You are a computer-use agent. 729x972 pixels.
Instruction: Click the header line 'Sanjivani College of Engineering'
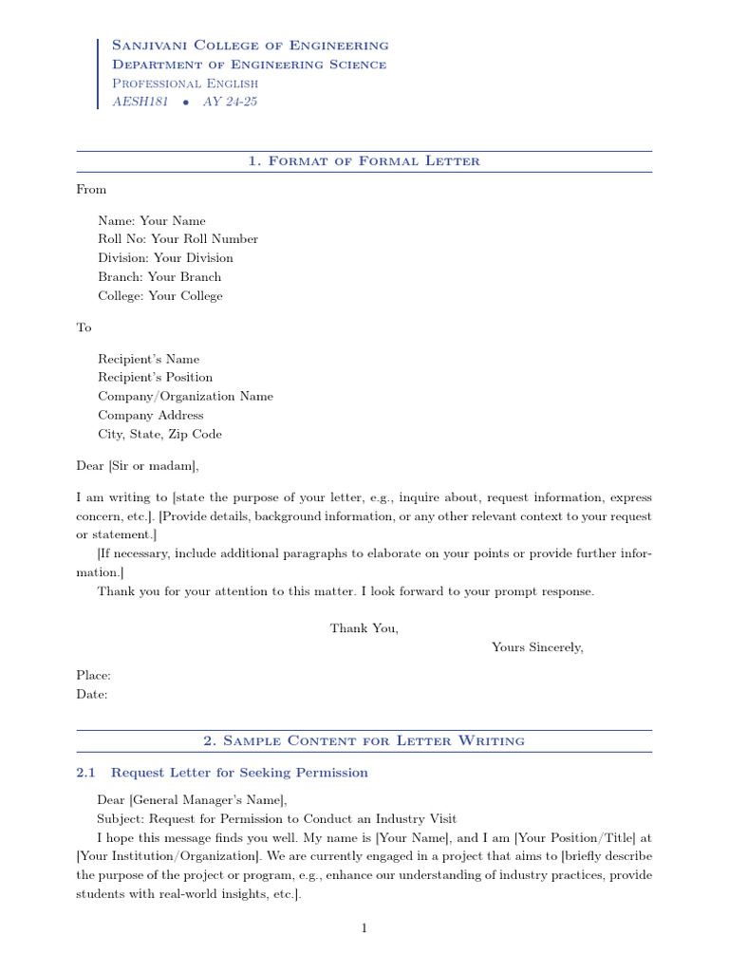click(250, 46)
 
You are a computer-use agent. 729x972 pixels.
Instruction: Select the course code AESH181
click(140, 102)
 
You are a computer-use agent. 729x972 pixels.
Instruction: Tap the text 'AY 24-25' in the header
click(230, 102)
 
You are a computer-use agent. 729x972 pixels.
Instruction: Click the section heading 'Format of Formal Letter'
click(364, 161)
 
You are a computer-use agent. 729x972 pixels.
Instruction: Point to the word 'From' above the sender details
click(91, 189)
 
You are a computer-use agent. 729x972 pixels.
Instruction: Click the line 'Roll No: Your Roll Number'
click(178, 239)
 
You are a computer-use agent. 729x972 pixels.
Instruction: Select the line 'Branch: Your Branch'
click(159, 277)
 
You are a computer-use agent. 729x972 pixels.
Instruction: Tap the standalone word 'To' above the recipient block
click(84, 327)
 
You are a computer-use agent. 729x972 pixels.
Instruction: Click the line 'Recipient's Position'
click(155, 378)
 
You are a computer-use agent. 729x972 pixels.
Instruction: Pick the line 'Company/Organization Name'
click(185, 397)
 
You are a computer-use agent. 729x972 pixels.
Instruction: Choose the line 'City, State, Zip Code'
click(159, 435)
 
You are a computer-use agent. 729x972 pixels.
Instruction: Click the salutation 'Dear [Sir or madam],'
click(138, 466)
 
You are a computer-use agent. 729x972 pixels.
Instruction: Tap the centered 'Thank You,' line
click(364, 628)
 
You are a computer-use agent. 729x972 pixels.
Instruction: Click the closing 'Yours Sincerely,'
click(537, 647)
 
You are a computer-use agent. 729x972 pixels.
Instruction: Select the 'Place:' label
click(93, 676)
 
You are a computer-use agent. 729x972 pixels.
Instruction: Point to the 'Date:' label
click(91, 695)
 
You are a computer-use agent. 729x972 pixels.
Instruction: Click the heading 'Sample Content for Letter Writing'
click(364, 740)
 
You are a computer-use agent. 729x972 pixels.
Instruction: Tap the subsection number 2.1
click(85, 773)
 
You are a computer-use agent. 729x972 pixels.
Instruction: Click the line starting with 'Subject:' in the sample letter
click(276, 818)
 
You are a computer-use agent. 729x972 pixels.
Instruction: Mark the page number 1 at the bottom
click(364, 928)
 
